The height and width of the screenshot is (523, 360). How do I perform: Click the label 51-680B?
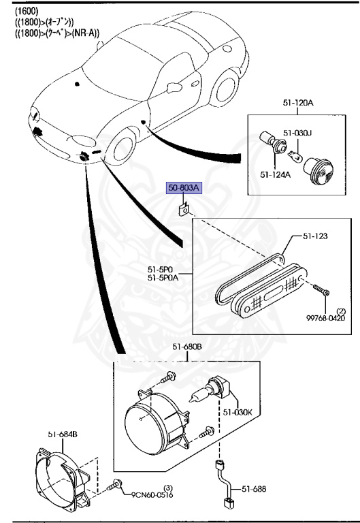tap(186, 347)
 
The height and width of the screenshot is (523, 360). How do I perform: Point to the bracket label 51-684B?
tap(62, 434)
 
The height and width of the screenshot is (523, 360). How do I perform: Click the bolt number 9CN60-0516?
tap(154, 496)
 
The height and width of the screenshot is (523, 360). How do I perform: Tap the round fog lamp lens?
tap(146, 422)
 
